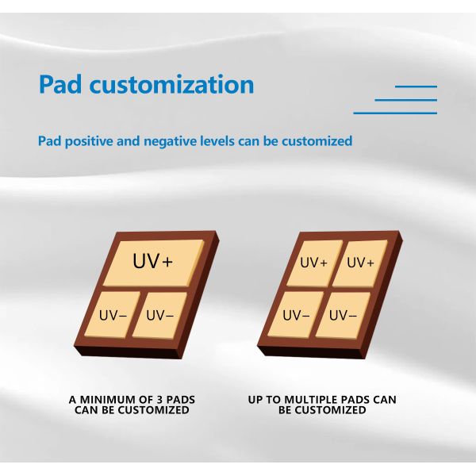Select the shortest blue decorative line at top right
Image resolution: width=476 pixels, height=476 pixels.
pos(416,86)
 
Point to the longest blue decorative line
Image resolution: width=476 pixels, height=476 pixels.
pos(395,113)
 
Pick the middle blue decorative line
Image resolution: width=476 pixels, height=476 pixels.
pos(405,100)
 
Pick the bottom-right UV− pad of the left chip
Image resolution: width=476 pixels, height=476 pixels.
pos(160,316)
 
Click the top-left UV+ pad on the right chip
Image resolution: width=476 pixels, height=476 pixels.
pos(314,263)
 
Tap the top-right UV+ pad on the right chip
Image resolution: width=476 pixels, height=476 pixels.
pos(360,263)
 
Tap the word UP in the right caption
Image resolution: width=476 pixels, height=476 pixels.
pos(255,400)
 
